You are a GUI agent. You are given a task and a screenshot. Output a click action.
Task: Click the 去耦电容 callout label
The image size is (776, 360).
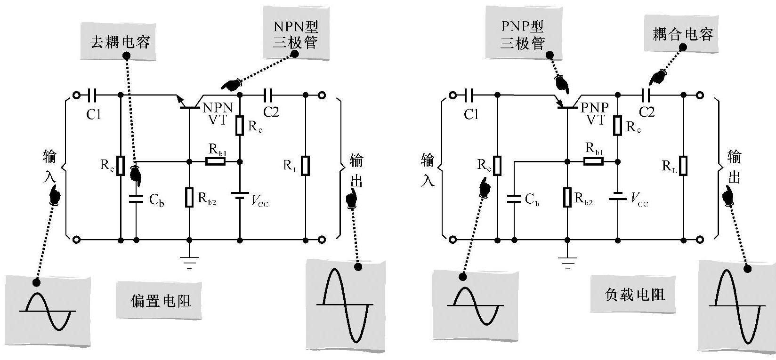pos(120,42)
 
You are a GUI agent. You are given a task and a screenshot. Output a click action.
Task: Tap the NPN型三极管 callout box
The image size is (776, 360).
pos(295,35)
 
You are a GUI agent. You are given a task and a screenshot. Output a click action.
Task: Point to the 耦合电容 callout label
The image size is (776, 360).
pos(682,34)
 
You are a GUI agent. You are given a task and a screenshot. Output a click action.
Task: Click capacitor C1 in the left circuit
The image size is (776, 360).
pos(92,96)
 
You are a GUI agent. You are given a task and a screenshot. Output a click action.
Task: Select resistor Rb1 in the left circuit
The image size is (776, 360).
pos(215,161)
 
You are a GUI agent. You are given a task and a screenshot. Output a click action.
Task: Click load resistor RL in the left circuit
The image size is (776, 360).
pos(305,165)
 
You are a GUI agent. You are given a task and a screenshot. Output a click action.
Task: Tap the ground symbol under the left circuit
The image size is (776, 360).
pos(189,262)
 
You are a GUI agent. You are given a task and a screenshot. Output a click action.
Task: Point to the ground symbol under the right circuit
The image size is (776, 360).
pos(568,262)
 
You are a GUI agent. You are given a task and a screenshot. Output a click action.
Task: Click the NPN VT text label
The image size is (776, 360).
pos(218,113)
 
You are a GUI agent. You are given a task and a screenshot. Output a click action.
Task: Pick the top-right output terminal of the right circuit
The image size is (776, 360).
pos(700,96)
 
